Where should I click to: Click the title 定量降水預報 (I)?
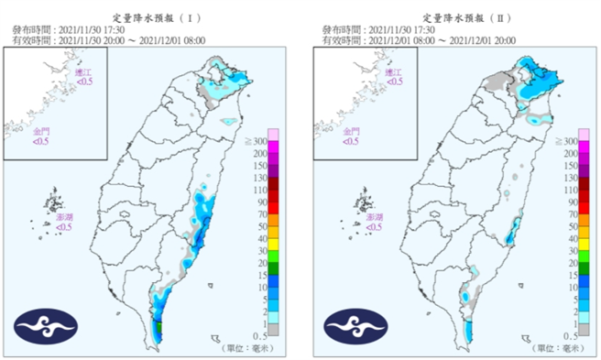152,17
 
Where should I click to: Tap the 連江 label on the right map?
393,71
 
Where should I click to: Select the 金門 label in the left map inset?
43,131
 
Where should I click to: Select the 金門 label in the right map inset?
352,131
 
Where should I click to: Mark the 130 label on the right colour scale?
568,178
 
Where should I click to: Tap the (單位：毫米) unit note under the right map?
554,348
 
